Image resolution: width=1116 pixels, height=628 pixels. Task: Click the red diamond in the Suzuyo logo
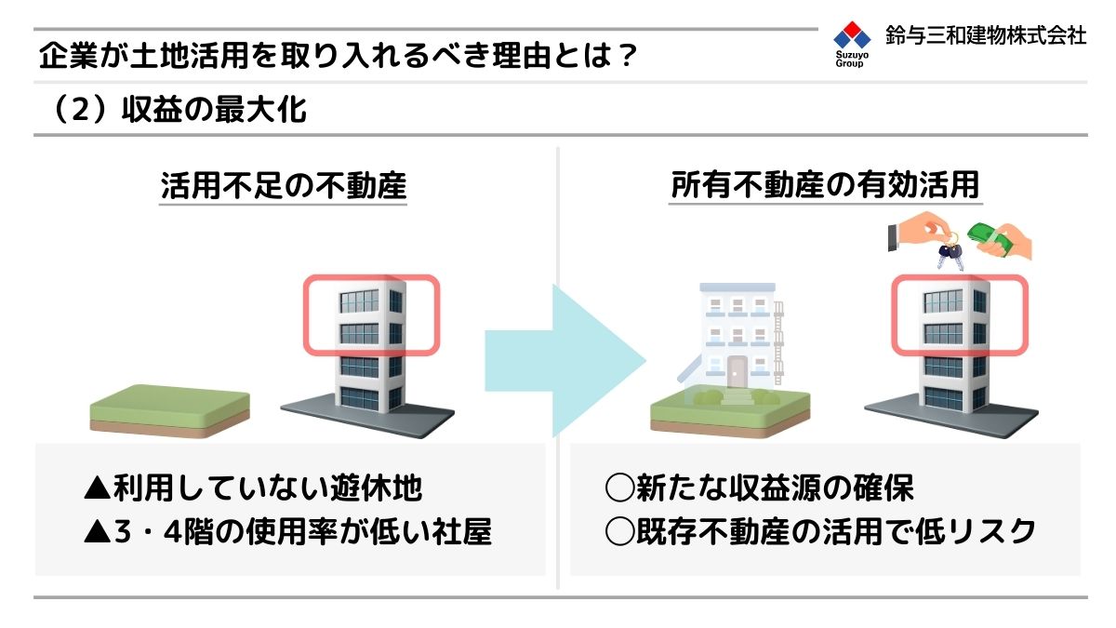(x=852, y=28)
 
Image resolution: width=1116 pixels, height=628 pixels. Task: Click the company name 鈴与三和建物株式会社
(x=986, y=35)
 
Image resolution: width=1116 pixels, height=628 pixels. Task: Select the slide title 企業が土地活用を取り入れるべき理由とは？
(x=338, y=55)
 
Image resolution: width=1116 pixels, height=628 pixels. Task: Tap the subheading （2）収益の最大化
(x=179, y=109)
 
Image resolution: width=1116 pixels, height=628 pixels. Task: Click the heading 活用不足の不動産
(x=283, y=185)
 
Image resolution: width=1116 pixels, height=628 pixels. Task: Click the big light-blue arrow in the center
(x=565, y=361)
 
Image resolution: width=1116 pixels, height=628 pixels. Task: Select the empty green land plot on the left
(x=169, y=411)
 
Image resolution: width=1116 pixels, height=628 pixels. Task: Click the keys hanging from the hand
(x=950, y=253)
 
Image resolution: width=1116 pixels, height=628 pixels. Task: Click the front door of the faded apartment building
(x=737, y=372)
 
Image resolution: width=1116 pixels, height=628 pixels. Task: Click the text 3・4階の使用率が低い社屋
(x=303, y=531)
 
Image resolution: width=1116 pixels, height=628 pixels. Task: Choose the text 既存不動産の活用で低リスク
(x=835, y=531)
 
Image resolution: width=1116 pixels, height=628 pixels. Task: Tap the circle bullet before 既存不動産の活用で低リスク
(x=619, y=531)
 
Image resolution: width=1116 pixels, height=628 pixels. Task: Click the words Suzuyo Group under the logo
(x=852, y=59)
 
